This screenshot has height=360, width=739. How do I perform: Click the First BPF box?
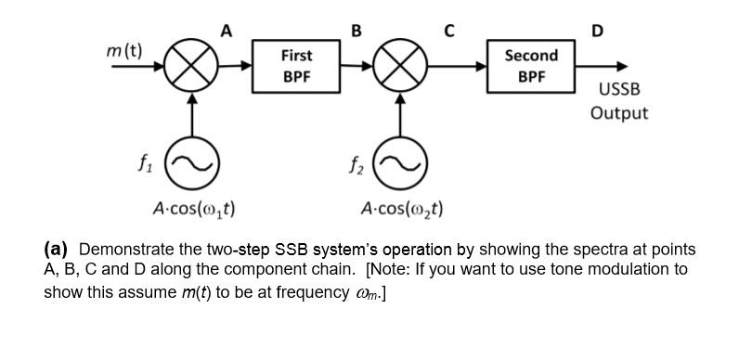(x=295, y=65)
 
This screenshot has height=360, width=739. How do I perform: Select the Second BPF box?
(x=530, y=65)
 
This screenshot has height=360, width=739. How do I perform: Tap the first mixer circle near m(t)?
(x=191, y=67)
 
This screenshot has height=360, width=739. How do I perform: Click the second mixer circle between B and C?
(x=401, y=67)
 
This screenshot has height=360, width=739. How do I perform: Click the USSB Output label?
(x=618, y=102)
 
